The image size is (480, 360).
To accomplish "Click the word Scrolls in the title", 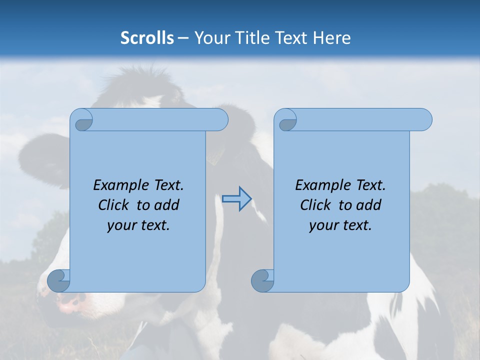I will click(x=147, y=38).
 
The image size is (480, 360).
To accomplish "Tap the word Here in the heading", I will click(x=332, y=38).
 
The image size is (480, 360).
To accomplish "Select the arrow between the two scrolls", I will click(x=236, y=199).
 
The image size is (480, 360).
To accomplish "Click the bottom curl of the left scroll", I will click(x=58, y=281).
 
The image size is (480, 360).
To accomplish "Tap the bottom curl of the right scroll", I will click(x=262, y=281).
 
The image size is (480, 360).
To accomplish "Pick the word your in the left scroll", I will click(x=120, y=225).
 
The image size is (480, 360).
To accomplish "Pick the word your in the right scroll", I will click(x=322, y=225).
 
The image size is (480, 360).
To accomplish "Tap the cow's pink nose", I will click(x=70, y=301).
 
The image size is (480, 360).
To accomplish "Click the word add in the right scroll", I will click(x=369, y=205).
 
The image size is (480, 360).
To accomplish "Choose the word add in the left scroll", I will click(x=167, y=205).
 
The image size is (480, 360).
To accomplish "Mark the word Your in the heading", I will click(x=210, y=38).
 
